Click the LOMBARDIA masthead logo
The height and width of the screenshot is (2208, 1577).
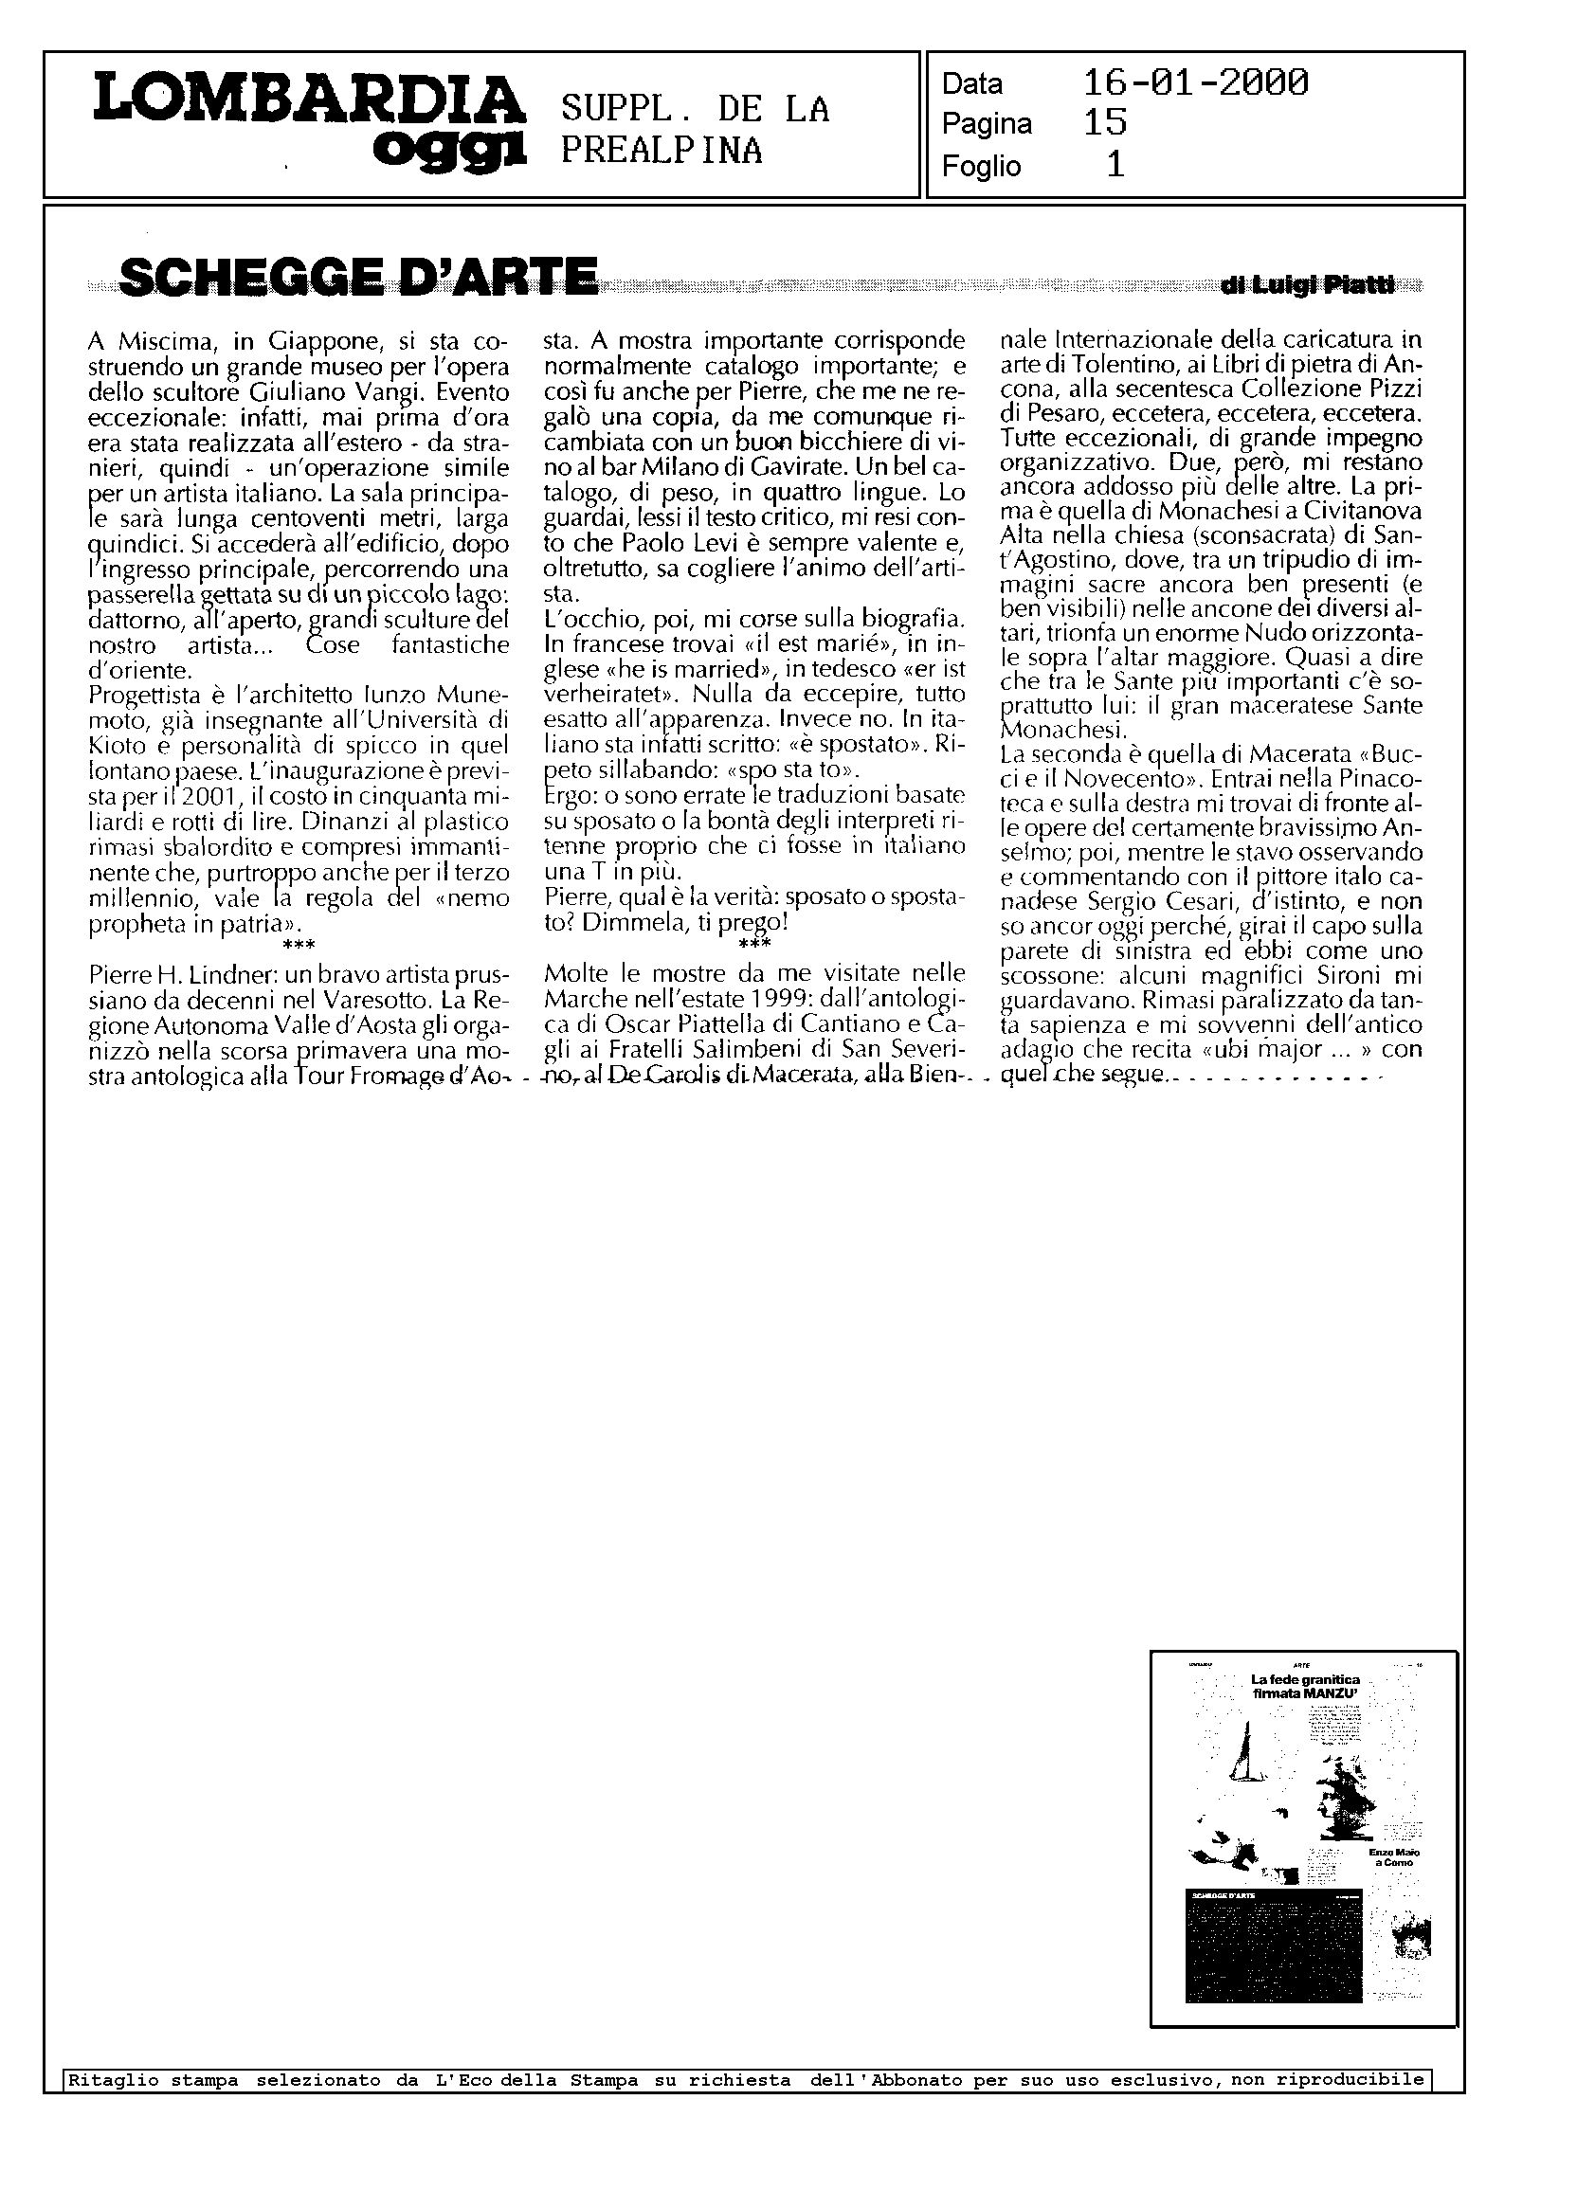(309, 100)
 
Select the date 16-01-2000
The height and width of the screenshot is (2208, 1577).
(1195, 83)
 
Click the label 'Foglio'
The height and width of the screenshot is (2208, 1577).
(981, 167)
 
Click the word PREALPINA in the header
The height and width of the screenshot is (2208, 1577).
(662, 151)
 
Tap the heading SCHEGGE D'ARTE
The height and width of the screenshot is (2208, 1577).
(356, 277)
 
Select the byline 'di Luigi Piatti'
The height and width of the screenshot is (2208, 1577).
(1308, 285)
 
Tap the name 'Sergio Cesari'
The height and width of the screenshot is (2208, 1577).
(1152, 900)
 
